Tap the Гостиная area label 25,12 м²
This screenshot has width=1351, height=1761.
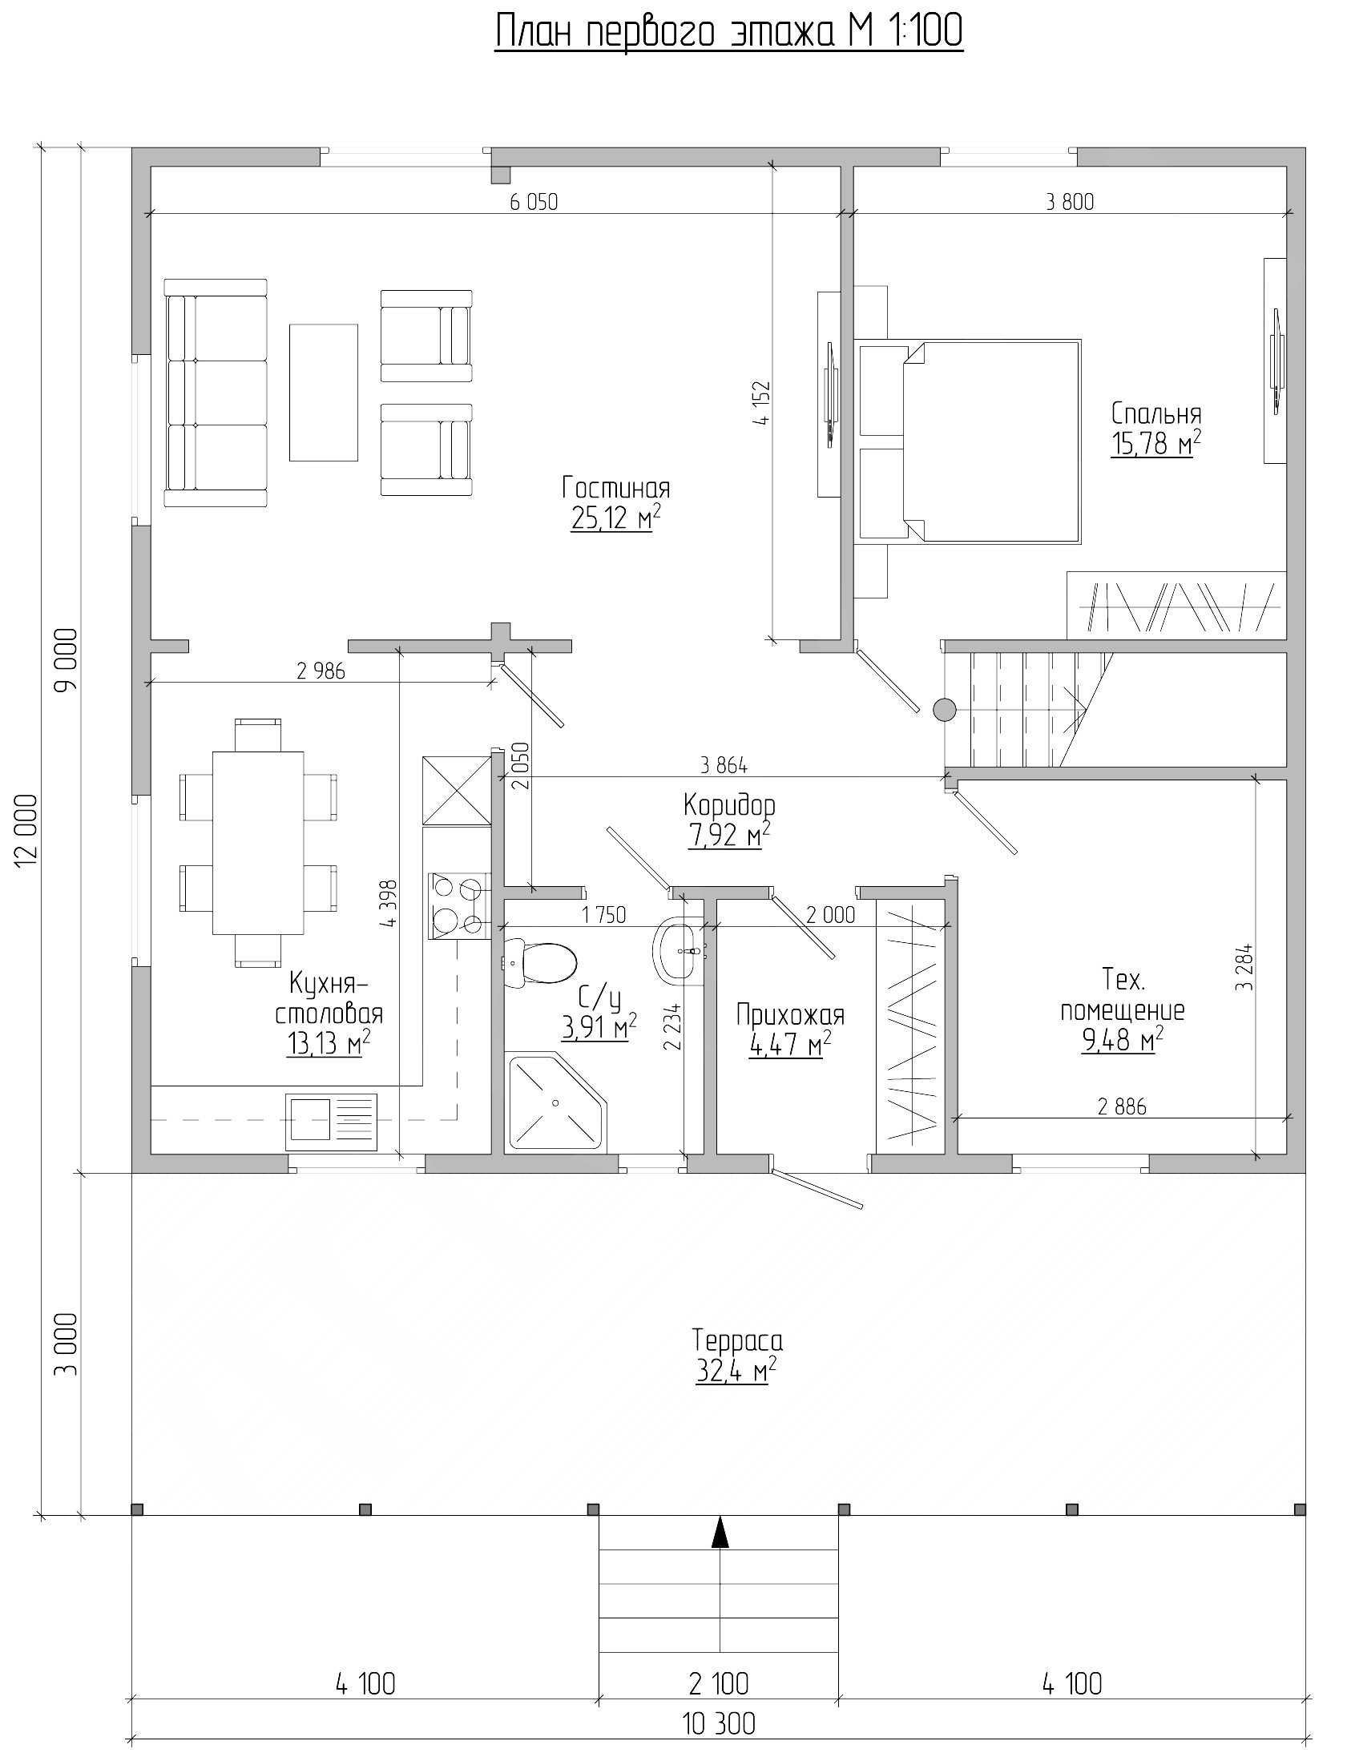(616, 518)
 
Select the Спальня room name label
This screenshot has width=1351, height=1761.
(1156, 414)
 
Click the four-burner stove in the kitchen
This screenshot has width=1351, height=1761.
(459, 906)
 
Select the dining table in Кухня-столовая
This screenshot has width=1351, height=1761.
(258, 843)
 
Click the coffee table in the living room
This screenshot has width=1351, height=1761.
(323, 393)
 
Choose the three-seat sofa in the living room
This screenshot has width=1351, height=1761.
(216, 393)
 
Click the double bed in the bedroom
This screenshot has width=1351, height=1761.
(969, 441)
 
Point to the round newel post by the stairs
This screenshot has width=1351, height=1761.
(944, 709)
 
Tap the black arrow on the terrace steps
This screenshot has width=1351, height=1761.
(720, 1533)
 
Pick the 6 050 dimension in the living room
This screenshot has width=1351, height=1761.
(534, 202)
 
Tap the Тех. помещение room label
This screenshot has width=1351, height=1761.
(1123, 996)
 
